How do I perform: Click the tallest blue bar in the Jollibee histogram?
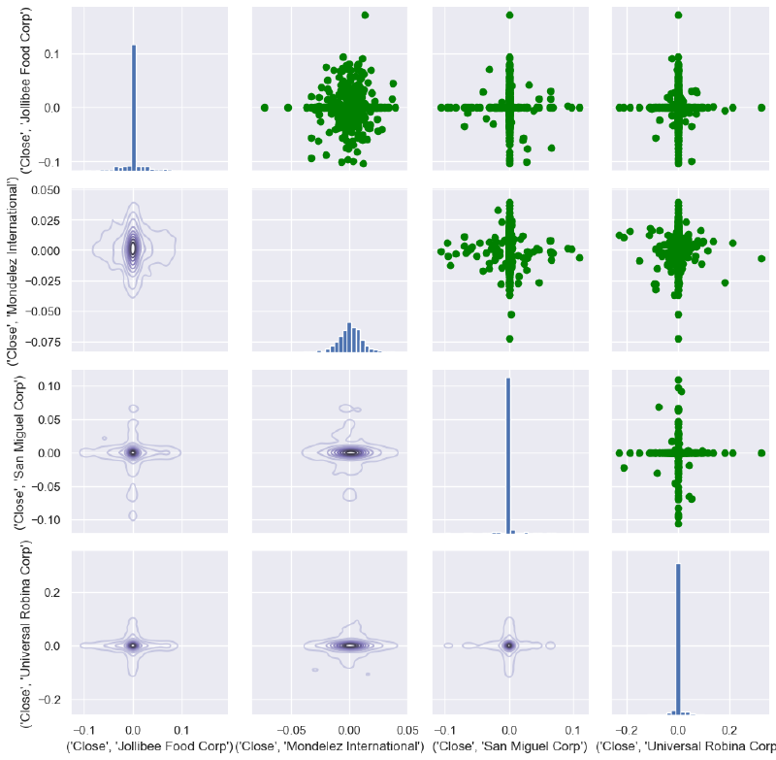coord(134,107)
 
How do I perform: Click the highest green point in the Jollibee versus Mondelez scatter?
coord(365,16)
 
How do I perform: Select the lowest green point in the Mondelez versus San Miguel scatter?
coord(509,339)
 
